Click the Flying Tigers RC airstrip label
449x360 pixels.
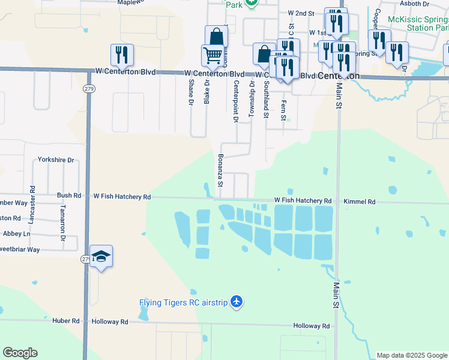coord(183,302)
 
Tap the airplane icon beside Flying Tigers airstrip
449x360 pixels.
coord(237,301)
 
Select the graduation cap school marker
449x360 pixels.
coord(101,257)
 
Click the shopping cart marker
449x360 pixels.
coord(213,56)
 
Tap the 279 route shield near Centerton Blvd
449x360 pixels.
coord(89,89)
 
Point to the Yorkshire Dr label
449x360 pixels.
coord(55,160)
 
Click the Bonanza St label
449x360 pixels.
coord(220,170)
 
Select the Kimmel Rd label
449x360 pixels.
coord(360,202)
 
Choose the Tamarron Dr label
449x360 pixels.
coord(62,222)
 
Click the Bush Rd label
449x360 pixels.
coord(69,196)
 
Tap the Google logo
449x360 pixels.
coord(20,353)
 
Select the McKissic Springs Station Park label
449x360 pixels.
coord(418,23)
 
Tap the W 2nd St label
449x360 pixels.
coord(301,13)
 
